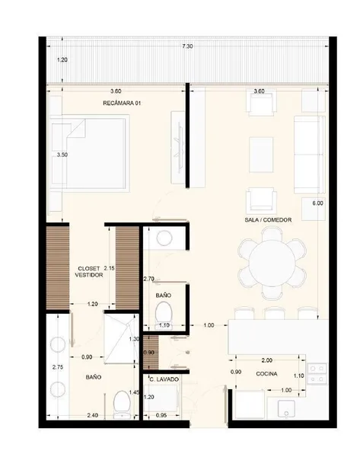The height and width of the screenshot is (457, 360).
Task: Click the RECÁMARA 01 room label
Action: [x=122, y=103]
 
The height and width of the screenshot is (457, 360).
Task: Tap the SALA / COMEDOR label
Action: [x=268, y=220]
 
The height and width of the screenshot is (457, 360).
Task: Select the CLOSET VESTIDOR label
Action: [x=89, y=272]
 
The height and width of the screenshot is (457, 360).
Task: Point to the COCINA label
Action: [x=266, y=374]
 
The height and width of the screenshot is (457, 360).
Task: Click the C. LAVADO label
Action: [x=164, y=379]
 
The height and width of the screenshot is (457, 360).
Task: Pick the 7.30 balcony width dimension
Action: [x=187, y=46]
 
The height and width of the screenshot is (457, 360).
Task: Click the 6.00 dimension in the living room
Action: [x=318, y=203]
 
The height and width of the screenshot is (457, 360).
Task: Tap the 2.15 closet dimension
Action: [x=110, y=268]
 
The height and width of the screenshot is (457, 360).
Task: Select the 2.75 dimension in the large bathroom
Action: [x=58, y=367]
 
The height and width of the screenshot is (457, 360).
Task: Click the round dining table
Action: [x=272, y=264]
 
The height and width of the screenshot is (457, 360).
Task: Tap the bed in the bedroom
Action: [x=89, y=153]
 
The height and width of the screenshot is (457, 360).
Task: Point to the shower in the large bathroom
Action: [x=122, y=339]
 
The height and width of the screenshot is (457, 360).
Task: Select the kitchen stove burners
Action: [x=317, y=374]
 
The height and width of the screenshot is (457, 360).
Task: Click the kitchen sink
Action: [x=286, y=408]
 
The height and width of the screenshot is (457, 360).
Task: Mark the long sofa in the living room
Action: [x=309, y=155]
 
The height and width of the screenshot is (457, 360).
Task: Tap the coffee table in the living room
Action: [x=261, y=155]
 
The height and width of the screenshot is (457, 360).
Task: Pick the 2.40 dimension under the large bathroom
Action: [x=93, y=415]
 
